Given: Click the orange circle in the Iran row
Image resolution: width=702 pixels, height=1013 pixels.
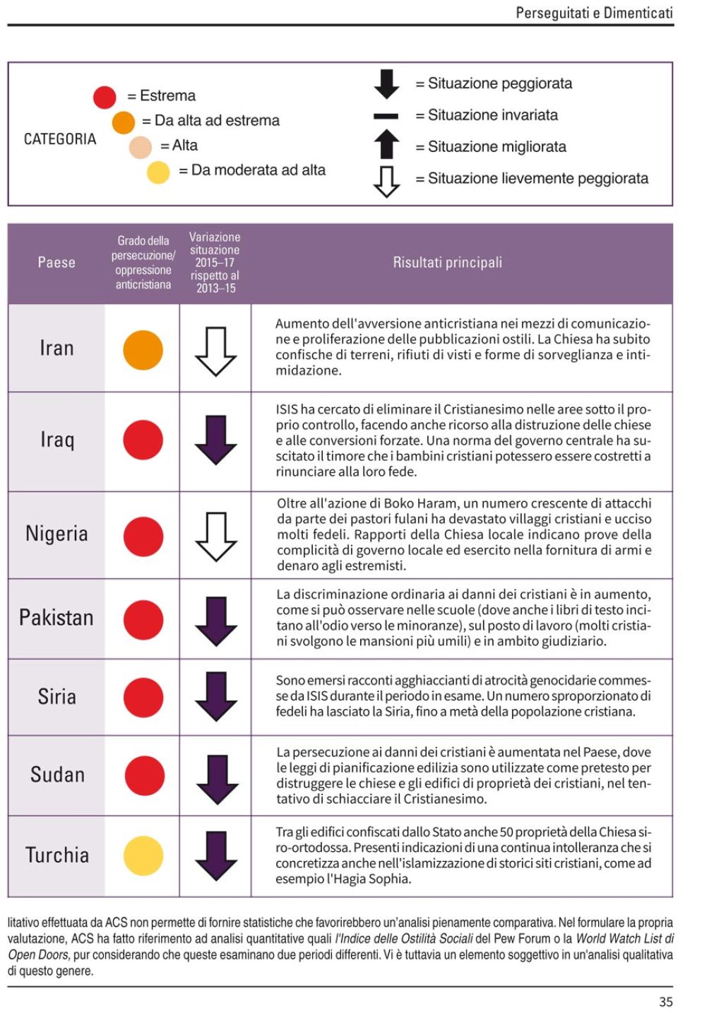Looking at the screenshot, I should pyautogui.click(x=143, y=349).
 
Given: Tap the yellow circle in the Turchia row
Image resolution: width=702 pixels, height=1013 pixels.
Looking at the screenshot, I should pyautogui.click(x=143, y=855).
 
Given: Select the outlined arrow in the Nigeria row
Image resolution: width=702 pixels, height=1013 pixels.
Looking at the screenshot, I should pyautogui.click(x=215, y=537).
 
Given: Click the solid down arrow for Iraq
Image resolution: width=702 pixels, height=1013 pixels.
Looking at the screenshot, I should pyautogui.click(x=215, y=440).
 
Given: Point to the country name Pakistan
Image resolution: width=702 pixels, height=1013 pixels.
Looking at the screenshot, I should pyautogui.click(x=56, y=618).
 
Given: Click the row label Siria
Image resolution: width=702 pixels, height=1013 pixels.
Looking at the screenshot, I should pyautogui.click(x=57, y=697).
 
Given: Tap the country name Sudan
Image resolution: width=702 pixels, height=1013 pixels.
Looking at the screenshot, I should pyautogui.click(x=57, y=775).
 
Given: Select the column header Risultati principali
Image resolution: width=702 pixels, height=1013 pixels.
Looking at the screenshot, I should pyautogui.click(x=447, y=263).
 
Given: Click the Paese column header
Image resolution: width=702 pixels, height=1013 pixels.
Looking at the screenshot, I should pyautogui.click(x=56, y=263).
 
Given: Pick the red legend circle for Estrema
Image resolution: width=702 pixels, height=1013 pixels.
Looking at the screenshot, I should pyautogui.click(x=105, y=97).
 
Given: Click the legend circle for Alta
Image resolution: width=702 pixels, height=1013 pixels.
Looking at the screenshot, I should pyautogui.click(x=141, y=147).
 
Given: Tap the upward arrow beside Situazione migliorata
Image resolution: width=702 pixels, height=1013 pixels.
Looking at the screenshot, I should pyautogui.click(x=386, y=144).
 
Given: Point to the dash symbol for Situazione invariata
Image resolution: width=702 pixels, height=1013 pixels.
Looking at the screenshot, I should pyautogui.click(x=386, y=116).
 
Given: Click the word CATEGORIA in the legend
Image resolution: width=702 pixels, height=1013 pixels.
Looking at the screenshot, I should pyautogui.click(x=60, y=139).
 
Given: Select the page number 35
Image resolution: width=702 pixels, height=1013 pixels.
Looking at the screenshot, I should pyautogui.click(x=665, y=1002).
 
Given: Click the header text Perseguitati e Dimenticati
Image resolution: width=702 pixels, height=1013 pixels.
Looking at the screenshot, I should pyautogui.click(x=594, y=13).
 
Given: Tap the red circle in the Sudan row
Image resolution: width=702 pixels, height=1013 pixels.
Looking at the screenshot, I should pyautogui.click(x=145, y=775).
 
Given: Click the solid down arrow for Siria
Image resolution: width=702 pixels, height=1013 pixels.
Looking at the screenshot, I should pyautogui.click(x=215, y=696).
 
